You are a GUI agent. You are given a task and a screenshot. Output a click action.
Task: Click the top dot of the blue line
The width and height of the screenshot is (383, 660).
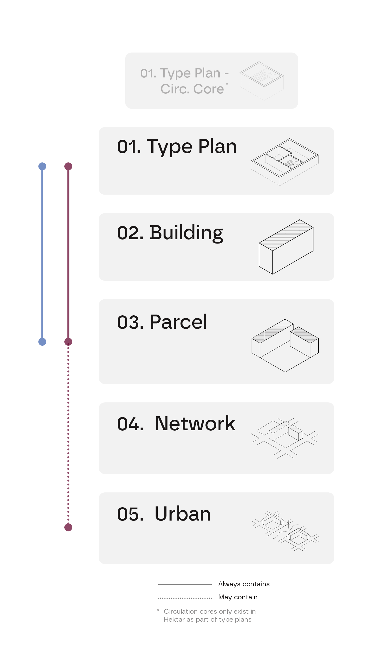pos(42,166)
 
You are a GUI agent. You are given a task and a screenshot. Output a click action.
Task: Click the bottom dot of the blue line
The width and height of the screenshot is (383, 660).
pos(42,342)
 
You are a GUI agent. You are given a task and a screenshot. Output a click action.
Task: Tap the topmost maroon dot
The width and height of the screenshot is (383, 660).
pos(68,166)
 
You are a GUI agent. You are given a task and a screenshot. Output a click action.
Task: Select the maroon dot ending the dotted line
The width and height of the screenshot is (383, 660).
pos(68,527)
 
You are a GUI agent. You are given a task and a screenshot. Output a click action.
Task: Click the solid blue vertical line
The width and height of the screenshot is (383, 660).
pos(42,253)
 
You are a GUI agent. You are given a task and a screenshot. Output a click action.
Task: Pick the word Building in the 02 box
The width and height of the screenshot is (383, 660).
pos(186,233)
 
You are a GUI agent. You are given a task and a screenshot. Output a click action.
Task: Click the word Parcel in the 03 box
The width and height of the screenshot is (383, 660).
pos(178,322)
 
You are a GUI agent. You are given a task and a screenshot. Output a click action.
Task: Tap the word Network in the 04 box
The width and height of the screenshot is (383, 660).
pos(195,424)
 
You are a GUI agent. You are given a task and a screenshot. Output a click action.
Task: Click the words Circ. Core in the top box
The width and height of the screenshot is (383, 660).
pos(192,89)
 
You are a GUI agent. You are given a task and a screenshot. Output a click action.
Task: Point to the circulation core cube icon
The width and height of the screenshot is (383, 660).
pos(261,81)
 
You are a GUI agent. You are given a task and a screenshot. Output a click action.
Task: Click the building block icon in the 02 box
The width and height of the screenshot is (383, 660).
pos(286,247)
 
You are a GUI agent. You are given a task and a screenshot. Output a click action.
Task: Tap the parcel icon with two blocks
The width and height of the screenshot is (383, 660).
pos(285,345)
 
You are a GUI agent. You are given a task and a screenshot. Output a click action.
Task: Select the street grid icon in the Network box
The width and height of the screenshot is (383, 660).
pos(285,438)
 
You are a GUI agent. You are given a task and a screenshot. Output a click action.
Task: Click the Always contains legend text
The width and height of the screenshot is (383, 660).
pos(244,584)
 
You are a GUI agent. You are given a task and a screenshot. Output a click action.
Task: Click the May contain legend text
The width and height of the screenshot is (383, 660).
pos(238,597)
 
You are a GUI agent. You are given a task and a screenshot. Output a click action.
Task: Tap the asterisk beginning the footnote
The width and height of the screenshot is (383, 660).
pos(158,610)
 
